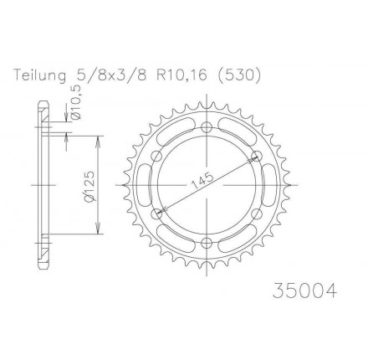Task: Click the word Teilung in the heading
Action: point(40,75)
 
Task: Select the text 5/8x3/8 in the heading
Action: point(110,75)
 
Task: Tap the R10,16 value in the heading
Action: point(182,75)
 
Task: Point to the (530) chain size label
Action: point(238,75)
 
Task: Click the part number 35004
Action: point(304,291)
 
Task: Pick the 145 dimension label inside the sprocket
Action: point(202,181)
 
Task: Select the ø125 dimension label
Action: point(89,186)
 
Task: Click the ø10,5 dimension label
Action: point(77,102)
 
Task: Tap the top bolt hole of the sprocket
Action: point(207,127)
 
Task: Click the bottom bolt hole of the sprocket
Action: point(207,243)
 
